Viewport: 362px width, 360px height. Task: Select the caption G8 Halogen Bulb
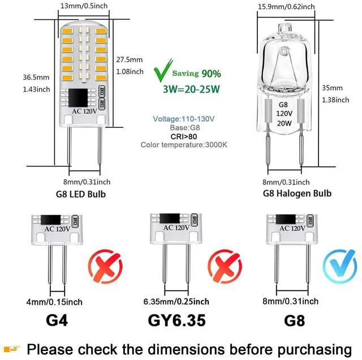pyautogui.click(x=297, y=194)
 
